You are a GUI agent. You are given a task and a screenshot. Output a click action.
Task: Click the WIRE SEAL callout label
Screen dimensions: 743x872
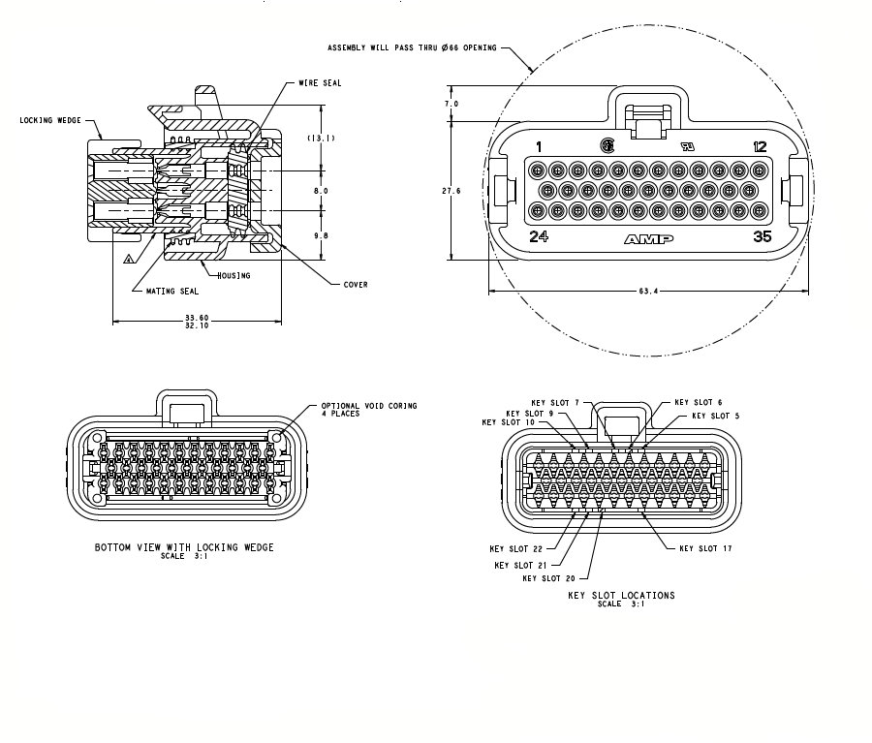(x=320, y=83)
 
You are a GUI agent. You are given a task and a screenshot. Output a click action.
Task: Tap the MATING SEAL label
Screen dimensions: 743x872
(x=171, y=290)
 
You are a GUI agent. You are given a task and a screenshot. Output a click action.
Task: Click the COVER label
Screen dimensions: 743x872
(x=356, y=284)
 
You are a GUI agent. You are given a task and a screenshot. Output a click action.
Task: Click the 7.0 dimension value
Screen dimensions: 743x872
(x=451, y=103)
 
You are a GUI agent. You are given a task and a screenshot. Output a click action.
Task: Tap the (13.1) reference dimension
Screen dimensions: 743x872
(x=322, y=139)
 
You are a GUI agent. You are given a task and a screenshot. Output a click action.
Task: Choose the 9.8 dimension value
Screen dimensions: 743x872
(x=321, y=235)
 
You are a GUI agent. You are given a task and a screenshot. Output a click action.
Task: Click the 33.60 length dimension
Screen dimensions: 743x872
(x=197, y=317)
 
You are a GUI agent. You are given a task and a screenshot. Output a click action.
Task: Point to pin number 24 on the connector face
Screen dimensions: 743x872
(x=539, y=235)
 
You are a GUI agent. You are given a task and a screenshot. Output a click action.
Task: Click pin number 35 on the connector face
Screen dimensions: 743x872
(x=762, y=235)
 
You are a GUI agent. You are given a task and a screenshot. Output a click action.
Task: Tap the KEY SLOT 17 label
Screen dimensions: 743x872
(x=705, y=548)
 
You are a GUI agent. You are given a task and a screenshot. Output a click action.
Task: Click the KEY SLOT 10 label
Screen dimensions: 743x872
(x=508, y=422)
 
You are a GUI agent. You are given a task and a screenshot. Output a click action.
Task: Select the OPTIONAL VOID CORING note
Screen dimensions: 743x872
(x=369, y=409)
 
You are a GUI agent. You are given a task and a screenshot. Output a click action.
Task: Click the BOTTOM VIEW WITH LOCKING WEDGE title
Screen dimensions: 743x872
(x=184, y=547)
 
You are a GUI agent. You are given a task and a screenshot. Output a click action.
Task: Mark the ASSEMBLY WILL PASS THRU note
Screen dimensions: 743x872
(x=412, y=47)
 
